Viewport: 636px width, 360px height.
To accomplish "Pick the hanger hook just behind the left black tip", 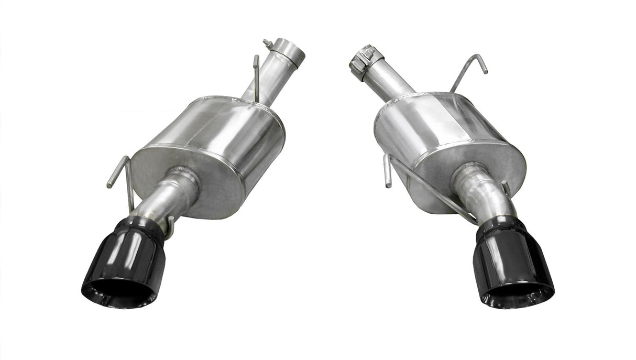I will pos(169,231).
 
